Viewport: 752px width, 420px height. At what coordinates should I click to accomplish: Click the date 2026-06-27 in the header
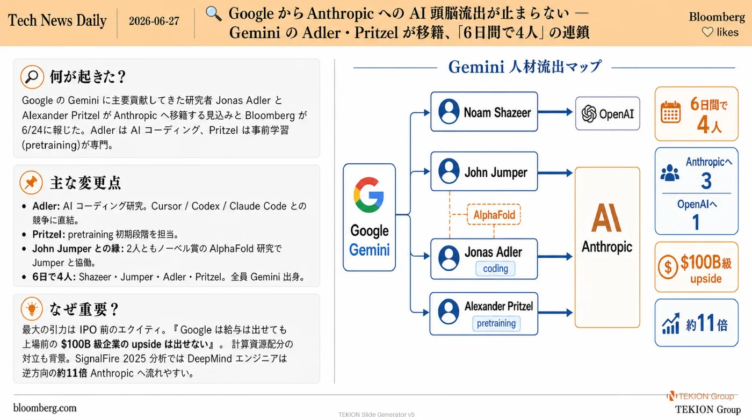pyautogui.click(x=154, y=21)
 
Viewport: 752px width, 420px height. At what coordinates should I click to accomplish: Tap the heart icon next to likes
pyautogui.click(x=707, y=32)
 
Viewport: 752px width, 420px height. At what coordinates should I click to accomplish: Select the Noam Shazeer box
pyautogui.click(x=484, y=112)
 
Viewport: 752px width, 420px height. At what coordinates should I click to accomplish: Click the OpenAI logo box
pyautogui.click(x=608, y=113)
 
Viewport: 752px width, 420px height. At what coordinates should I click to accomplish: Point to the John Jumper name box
pyautogui.click(x=484, y=171)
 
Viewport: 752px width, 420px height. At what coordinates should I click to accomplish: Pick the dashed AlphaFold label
pyautogui.click(x=494, y=214)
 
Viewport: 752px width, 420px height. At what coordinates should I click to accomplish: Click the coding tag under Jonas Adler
pyautogui.click(x=495, y=269)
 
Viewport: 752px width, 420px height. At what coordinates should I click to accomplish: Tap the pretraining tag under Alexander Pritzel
pyautogui.click(x=496, y=323)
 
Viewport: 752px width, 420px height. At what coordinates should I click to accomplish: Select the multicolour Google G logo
pyautogui.click(x=368, y=195)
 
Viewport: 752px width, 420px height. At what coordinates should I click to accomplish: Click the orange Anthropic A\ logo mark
pyautogui.click(x=606, y=218)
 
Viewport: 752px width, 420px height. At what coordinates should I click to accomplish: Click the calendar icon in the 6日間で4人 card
pyautogui.click(x=670, y=112)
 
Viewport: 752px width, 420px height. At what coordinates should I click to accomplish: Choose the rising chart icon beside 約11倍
pyautogui.click(x=671, y=324)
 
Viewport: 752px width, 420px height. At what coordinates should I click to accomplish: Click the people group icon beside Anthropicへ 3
pyautogui.click(x=670, y=173)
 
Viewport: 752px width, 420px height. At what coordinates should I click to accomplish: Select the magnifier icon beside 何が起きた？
pyautogui.click(x=32, y=77)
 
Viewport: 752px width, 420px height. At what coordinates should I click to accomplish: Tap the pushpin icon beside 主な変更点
pyautogui.click(x=31, y=183)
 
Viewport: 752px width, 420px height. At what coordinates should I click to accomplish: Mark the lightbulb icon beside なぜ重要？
pyautogui.click(x=32, y=308)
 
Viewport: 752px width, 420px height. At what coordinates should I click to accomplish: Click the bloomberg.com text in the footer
pyautogui.click(x=45, y=408)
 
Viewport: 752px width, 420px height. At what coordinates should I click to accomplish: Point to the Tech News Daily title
pyautogui.click(x=57, y=20)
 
